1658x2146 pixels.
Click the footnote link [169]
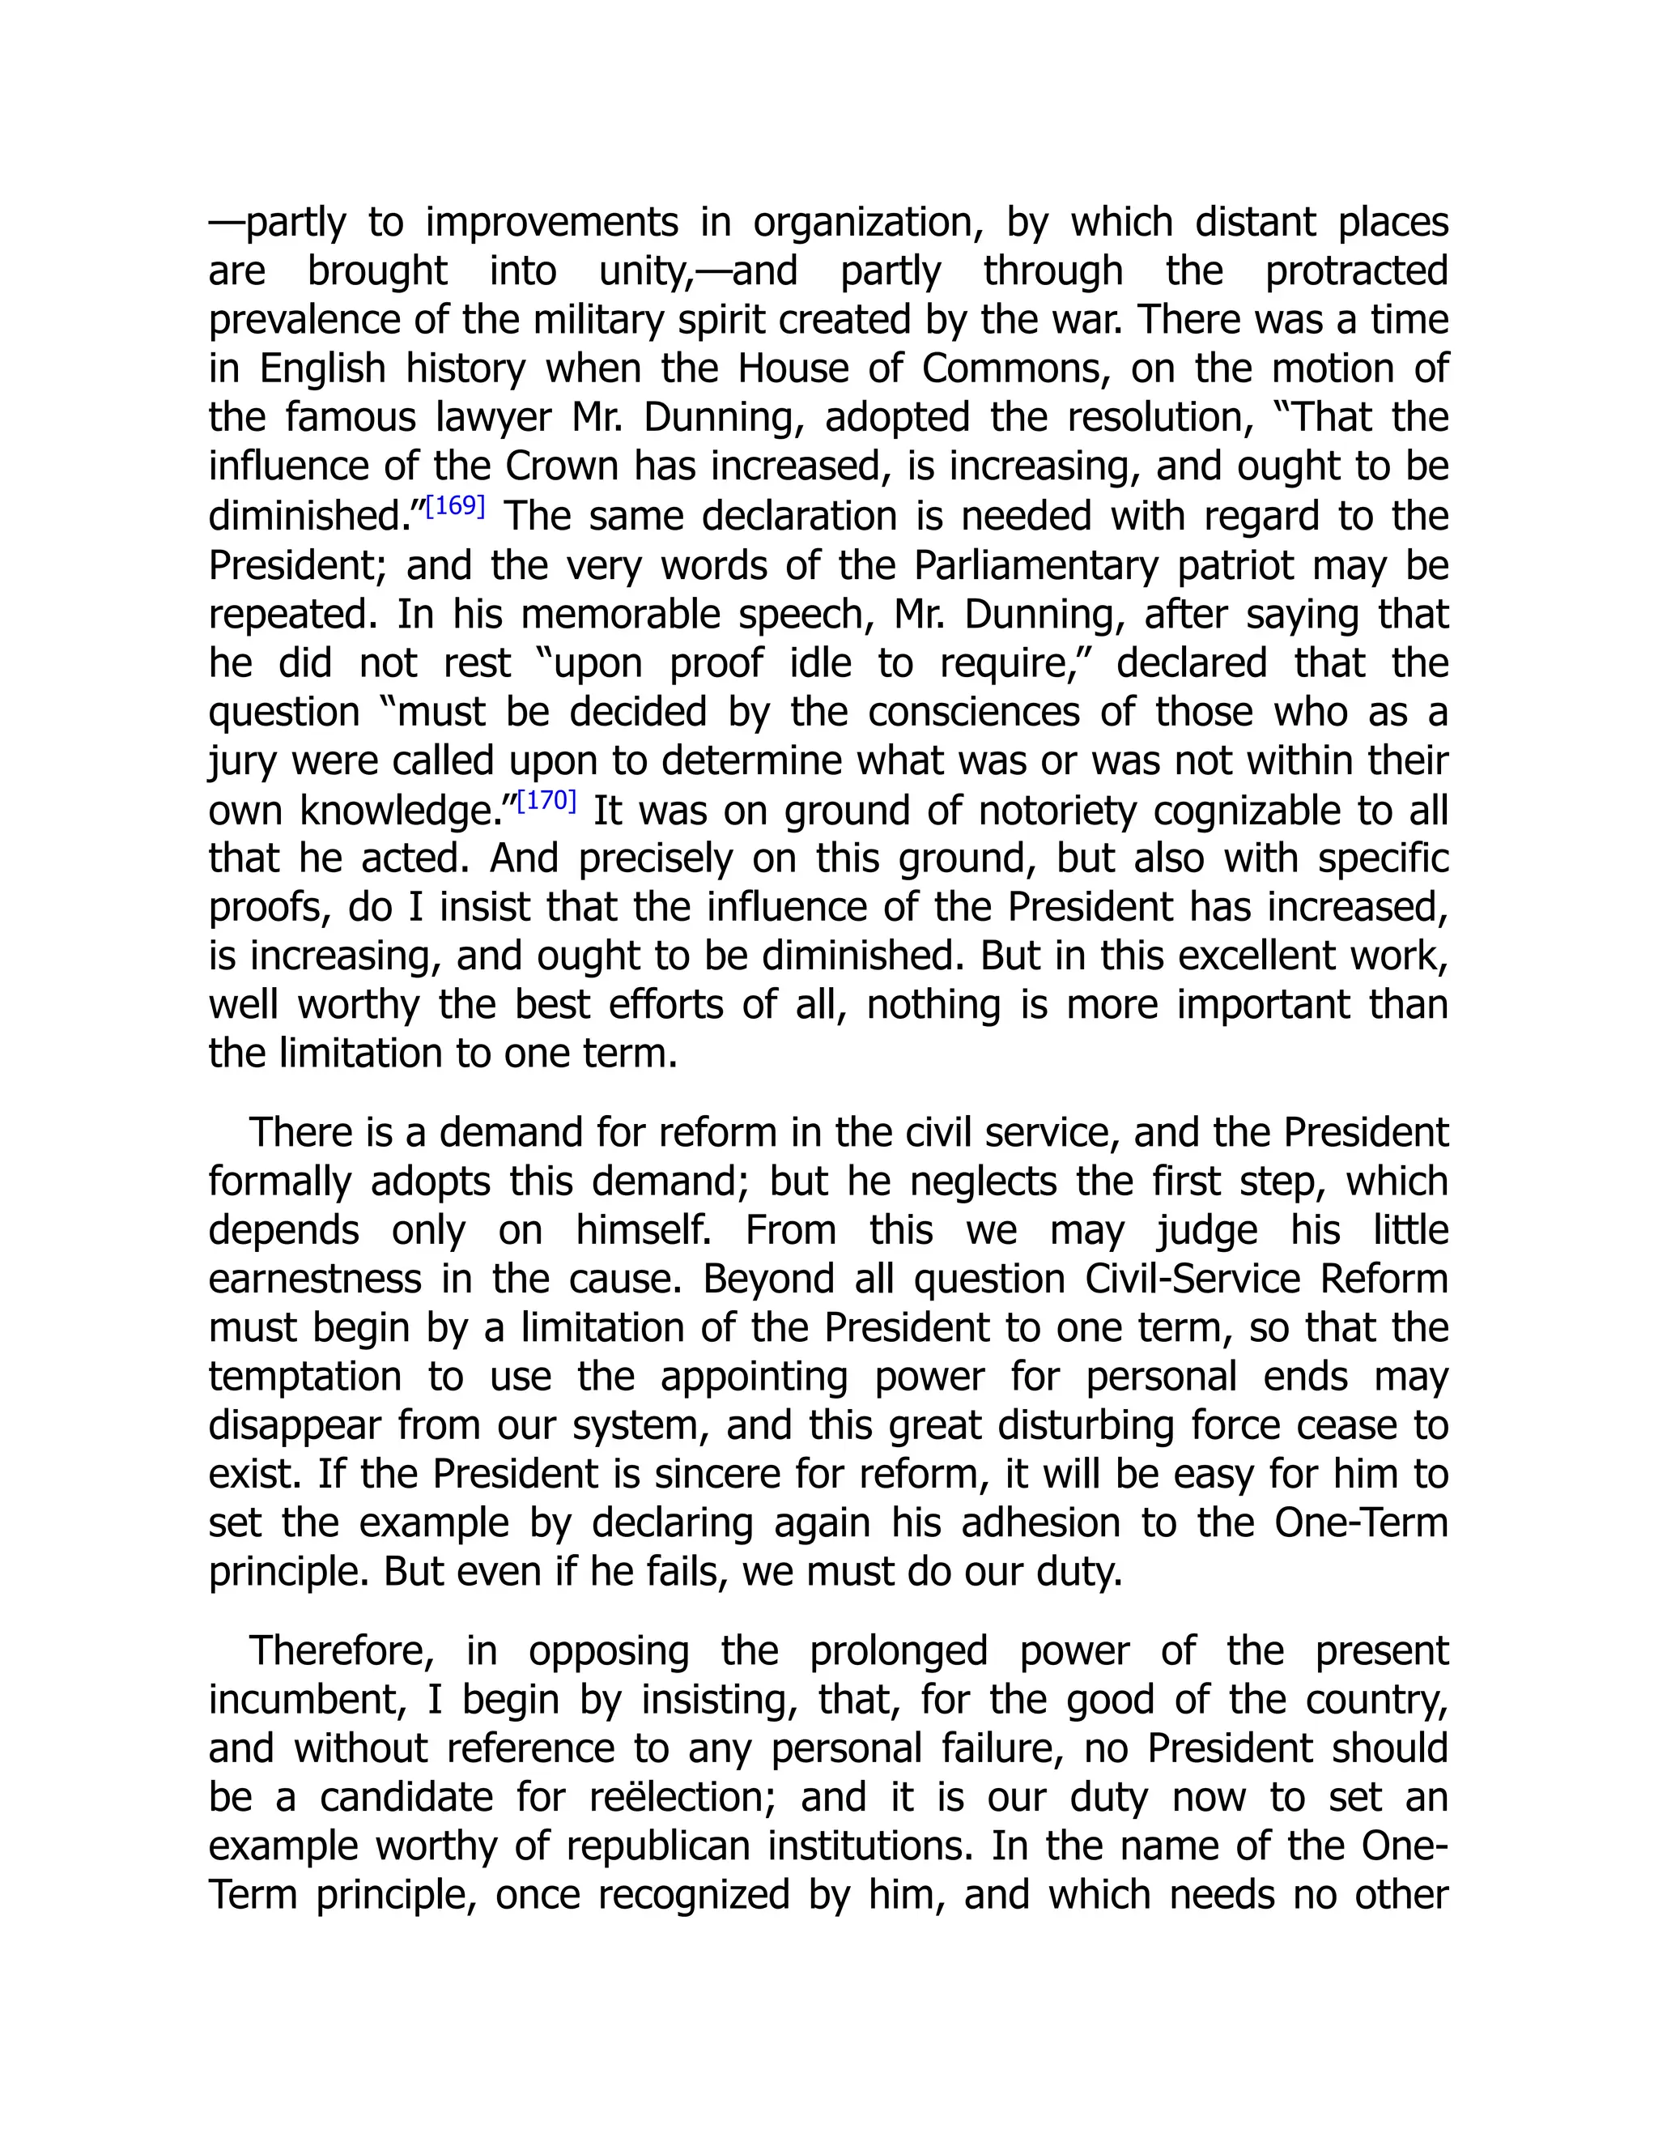pyautogui.click(x=455, y=507)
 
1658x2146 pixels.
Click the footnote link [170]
pyautogui.click(x=546, y=801)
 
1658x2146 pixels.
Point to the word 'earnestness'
pyautogui.click(x=314, y=1280)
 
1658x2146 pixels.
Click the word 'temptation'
pyautogui.click(x=304, y=1377)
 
